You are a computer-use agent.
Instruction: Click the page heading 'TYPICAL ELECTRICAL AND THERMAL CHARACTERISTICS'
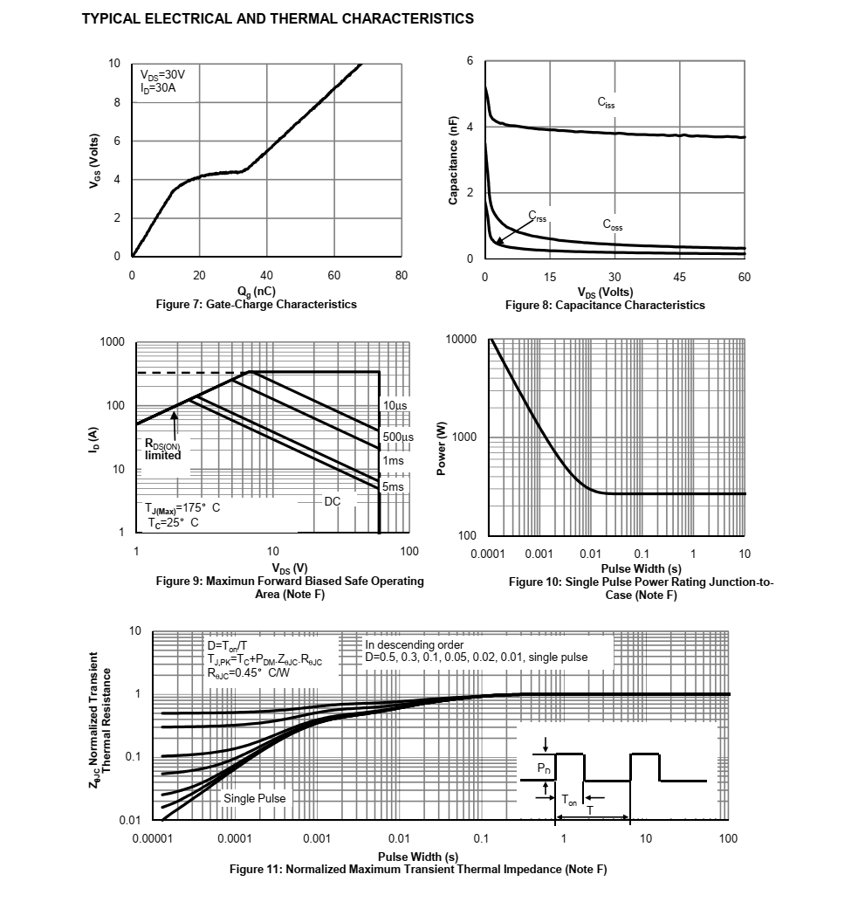pos(278,18)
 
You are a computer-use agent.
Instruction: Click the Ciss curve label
pos(606,103)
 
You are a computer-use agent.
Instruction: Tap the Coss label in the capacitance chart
pos(612,224)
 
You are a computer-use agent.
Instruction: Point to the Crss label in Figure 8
pos(538,216)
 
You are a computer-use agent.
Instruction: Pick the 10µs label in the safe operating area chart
pos(395,406)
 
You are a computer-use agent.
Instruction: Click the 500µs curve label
pos(398,437)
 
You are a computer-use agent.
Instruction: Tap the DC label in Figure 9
pos(333,501)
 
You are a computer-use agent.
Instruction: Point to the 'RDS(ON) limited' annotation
pos(163,449)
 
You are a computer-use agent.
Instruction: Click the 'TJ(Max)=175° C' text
pos(182,508)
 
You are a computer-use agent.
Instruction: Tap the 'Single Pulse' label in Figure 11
pos(254,798)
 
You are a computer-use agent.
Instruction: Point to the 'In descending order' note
pos(415,645)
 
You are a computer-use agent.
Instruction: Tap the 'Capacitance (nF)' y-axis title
pos(453,161)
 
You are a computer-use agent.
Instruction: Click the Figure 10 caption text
pos(641,588)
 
